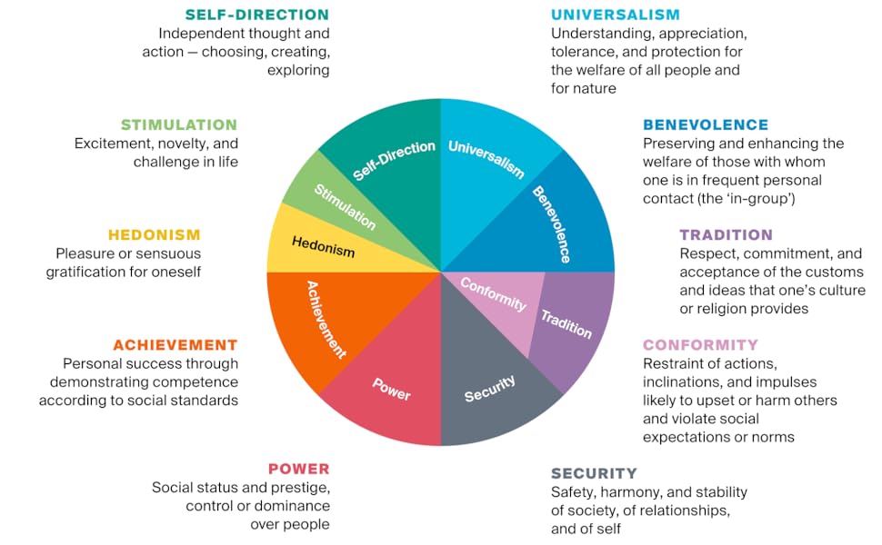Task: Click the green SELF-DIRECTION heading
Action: (x=256, y=15)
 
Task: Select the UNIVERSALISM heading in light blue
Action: (x=616, y=15)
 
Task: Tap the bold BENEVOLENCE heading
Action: (x=705, y=124)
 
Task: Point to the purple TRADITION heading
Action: (x=726, y=235)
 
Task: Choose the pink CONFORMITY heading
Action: (x=700, y=345)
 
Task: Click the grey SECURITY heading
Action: (x=594, y=473)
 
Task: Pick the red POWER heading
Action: (x=298, y=469)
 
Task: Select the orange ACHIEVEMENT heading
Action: (x=175, y=345)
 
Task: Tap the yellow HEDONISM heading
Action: (x=154, y=235)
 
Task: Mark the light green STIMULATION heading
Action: (x=178, y=124)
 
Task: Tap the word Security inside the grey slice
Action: (x=489, y=389)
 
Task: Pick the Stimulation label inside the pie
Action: (x=345, y=206)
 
